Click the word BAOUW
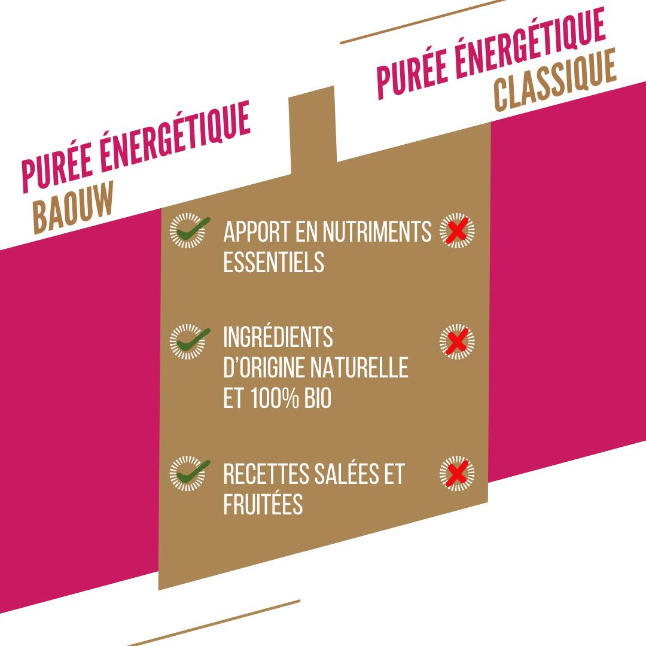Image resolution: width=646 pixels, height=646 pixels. tap(73, 208)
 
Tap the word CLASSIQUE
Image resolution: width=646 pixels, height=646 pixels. tap(555, 80)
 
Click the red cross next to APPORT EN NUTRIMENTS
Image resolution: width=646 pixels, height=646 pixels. tap(457, 230)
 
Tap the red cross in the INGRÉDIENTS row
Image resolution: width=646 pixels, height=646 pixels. tap(457, 341)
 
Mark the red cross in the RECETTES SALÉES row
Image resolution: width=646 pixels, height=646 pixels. tap(457, 473)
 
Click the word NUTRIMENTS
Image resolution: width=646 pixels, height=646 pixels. tap(377, 231)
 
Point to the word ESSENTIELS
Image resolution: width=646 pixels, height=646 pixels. tap(273, 262)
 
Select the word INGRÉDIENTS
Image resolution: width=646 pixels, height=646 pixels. tap(278, 337)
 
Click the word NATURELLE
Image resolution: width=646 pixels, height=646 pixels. tap(359, 367)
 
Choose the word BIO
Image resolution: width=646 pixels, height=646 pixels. tap(318, 398)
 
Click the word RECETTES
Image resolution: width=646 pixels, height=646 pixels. tap(266, 474)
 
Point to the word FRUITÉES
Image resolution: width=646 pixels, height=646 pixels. tap(263, 503)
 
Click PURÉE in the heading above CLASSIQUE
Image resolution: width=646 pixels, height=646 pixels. tap(412, 76)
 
